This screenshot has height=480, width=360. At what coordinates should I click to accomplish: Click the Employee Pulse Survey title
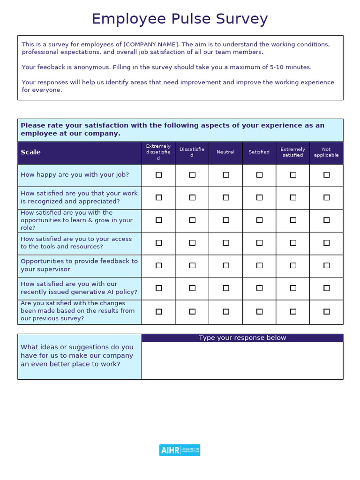(x=180, y=19)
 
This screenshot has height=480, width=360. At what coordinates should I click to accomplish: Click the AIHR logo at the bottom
(x=180, y=450)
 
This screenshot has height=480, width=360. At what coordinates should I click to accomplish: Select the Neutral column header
(x=225, y=152)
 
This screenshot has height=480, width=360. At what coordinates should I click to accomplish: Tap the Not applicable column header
(x=326, y=152)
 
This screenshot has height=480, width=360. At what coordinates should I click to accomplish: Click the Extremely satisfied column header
(x=292, y=152)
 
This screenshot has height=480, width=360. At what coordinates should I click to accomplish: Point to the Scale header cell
(x=31, y=152)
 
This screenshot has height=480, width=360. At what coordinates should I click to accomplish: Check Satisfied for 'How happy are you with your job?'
(x=259, y=175)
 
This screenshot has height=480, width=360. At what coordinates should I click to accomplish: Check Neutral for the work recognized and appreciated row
(x=225, y=197)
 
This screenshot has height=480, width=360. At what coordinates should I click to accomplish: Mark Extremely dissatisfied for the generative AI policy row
(x=158, y=288)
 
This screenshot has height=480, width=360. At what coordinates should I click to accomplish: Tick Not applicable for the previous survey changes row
(x=326, y=311)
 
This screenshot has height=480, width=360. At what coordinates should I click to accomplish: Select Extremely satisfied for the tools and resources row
(x=292, y=243)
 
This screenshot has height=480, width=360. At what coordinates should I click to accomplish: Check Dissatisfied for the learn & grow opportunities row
(x=192, y=220)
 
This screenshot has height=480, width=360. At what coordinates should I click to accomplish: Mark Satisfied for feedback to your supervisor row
(x=259, y=265)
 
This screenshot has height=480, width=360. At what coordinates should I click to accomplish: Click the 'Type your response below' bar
(x=242, y=338)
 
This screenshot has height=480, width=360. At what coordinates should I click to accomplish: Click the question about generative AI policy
(x=79, y=288)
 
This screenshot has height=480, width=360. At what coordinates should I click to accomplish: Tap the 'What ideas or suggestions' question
(x=77, y=356)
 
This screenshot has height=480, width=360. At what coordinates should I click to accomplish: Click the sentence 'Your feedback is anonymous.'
(x=66, y=67)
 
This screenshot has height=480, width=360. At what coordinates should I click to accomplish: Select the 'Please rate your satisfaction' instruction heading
(x=172, y=129)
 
